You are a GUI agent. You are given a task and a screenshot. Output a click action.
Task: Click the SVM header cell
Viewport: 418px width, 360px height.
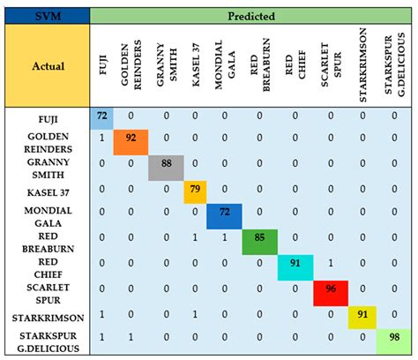click(x=48, y=16)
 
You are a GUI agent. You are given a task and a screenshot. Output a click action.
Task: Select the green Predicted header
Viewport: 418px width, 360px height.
click(x=250, y=16)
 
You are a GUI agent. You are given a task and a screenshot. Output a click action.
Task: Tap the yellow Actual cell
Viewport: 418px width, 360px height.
click(x=48, y=66)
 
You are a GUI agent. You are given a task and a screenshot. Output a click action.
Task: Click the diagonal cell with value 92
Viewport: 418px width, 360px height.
click(x=131, y=142)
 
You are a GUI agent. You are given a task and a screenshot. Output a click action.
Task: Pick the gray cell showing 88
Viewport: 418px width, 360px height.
click(x=166, y=168)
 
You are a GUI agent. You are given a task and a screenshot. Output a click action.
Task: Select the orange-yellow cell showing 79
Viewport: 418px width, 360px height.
click(x=195, y=192)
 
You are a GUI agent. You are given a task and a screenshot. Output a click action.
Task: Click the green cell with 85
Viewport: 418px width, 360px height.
click(x=259, y=242)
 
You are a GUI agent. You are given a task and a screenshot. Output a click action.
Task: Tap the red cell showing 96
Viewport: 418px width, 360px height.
click(x=331, y=293)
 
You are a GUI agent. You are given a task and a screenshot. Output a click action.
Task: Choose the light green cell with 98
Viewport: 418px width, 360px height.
click(x=394, y=341)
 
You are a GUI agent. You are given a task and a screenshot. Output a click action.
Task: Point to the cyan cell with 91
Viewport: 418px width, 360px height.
click(x=295, y=267)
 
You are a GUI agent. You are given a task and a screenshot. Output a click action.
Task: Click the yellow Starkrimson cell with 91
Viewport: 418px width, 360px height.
click(x=362, y=318)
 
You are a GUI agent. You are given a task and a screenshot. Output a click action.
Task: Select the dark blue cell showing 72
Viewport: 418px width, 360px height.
click(x=224, y=216)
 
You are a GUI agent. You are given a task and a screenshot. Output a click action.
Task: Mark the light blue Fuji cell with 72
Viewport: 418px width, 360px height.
click(x=101, y=118)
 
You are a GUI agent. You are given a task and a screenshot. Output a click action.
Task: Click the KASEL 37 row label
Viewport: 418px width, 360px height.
click(x=49, y=193)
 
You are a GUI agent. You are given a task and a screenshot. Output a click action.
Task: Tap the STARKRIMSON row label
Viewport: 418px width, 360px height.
click(x=49, y=318)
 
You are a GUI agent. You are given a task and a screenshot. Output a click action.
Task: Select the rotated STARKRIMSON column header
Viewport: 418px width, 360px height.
click(x=362, y=65)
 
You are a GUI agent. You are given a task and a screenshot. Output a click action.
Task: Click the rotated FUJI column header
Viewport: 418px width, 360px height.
click(x=102, y=64)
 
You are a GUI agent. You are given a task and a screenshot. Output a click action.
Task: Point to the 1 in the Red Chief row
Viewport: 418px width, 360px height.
click(x=331, y=263)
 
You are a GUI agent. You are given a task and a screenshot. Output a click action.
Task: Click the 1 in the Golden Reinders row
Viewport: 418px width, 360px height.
click(x=101, y=138)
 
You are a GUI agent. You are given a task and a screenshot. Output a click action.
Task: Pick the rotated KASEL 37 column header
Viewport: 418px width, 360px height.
click(x=196, y=64)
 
